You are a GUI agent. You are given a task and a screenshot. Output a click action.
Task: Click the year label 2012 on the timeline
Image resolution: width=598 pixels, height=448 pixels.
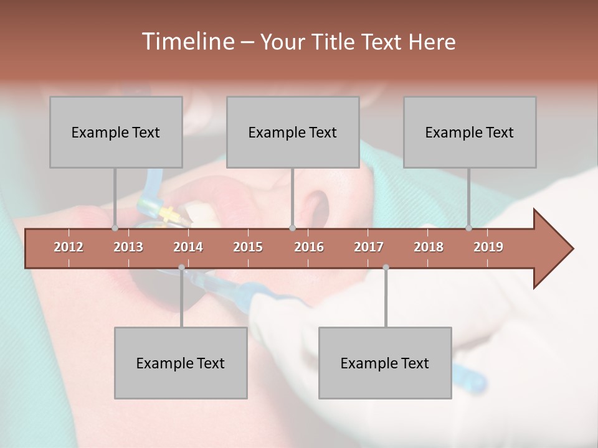[69, 247]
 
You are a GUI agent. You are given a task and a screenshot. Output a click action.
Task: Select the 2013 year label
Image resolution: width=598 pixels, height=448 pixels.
[128, 247]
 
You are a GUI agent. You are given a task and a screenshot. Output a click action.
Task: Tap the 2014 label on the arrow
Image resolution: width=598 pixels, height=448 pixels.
[188, 247]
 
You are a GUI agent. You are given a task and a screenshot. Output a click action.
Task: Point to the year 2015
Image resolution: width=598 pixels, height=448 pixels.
[248, 247]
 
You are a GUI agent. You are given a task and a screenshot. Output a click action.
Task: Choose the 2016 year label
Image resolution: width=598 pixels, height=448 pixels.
[309, 247]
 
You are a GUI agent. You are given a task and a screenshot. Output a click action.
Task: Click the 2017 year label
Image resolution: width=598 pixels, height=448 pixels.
[369, 247]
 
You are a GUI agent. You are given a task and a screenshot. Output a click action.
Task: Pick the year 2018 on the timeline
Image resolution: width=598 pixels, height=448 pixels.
[429, 247]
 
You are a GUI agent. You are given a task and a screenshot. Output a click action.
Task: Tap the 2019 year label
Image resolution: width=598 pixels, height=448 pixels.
[488, 247]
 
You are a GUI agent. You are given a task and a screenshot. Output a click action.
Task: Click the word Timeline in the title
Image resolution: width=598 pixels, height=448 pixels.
[187, 42]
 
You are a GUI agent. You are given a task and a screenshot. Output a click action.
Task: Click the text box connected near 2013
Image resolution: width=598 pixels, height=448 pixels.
[116, 132]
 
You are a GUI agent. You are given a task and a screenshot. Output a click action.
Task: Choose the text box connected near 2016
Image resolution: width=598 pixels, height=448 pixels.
[293, 132]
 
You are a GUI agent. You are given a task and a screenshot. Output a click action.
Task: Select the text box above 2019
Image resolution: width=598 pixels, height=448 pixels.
[470, 132]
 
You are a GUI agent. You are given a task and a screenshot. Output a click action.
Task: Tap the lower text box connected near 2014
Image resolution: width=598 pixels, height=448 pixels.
[181, 363]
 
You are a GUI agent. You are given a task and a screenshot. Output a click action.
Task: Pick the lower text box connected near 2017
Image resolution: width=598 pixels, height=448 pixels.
[385, 363]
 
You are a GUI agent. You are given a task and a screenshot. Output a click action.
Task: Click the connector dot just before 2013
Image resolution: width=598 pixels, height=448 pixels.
[115, 228]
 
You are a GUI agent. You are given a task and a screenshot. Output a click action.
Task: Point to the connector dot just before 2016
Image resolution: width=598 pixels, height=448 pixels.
[292, 228]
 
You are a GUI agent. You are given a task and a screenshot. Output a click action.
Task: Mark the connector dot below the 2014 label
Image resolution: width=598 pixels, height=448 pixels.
[181, 268]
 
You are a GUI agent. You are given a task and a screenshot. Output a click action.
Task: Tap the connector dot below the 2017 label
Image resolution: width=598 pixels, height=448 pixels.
[386, 268]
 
